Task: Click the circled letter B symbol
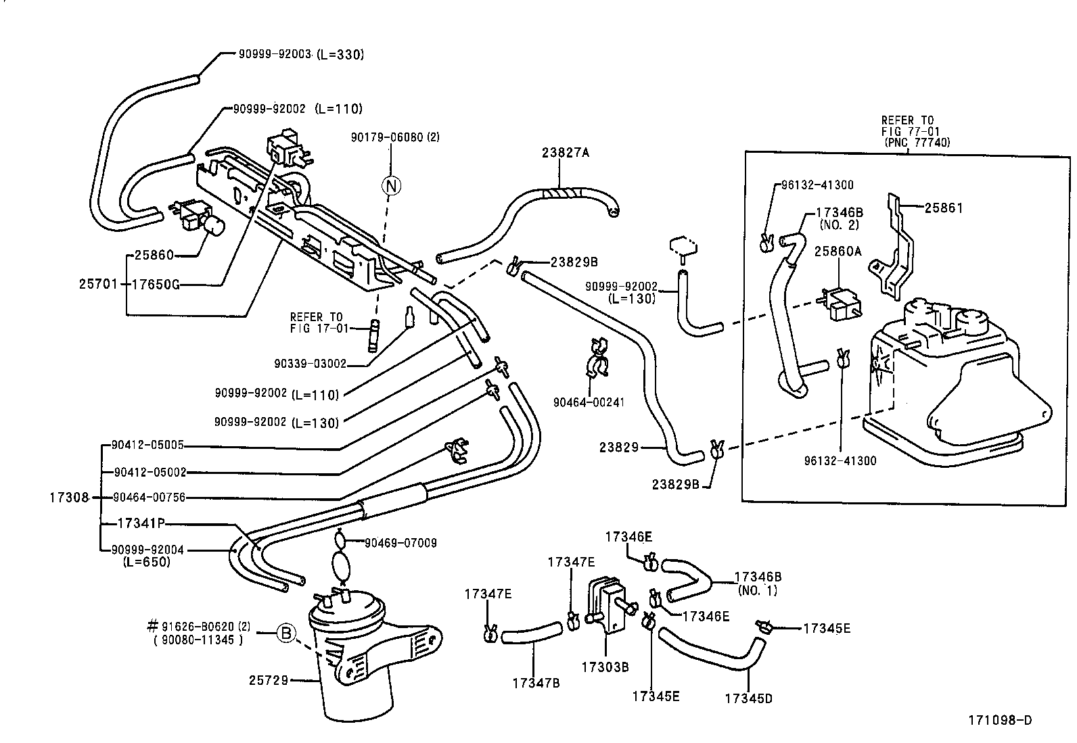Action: (x=286, y=633)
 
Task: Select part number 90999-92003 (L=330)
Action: (x=300, y=55)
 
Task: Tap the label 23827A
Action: (x=565, y=153)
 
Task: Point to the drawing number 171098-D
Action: (x=999, y=721)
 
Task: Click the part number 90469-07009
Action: (x=400, y=543)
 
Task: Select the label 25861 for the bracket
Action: (x=943, y=208)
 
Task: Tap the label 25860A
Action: (x=838, y=251)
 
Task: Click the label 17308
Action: (x=69, y=498)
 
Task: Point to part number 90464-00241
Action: (x=589, y=402)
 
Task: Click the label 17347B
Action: (x=536, y=683)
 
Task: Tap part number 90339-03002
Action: (x=310, y=364)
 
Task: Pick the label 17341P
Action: (x=141, y=523)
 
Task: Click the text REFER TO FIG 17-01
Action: (x=319, y=322)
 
